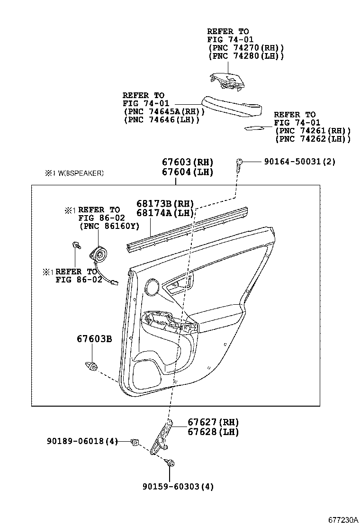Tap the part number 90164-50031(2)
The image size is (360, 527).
tap(300, 162)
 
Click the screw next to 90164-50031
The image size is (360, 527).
tap(239, 163)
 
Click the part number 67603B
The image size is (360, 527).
tap(94, 339)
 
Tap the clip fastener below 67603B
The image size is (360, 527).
tap(92, 365)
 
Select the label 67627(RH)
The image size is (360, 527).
tap(213, 422)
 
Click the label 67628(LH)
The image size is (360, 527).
tap(213, 432)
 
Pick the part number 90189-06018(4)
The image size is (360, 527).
tap(82, 441)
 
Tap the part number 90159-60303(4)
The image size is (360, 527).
tap(174, 486)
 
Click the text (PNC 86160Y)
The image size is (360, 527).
tap(109, 227)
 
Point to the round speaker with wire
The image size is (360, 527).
tap(99, 254)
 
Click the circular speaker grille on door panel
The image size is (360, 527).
tap(153, 286)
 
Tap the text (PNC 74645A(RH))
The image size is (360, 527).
tap(163, 111)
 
